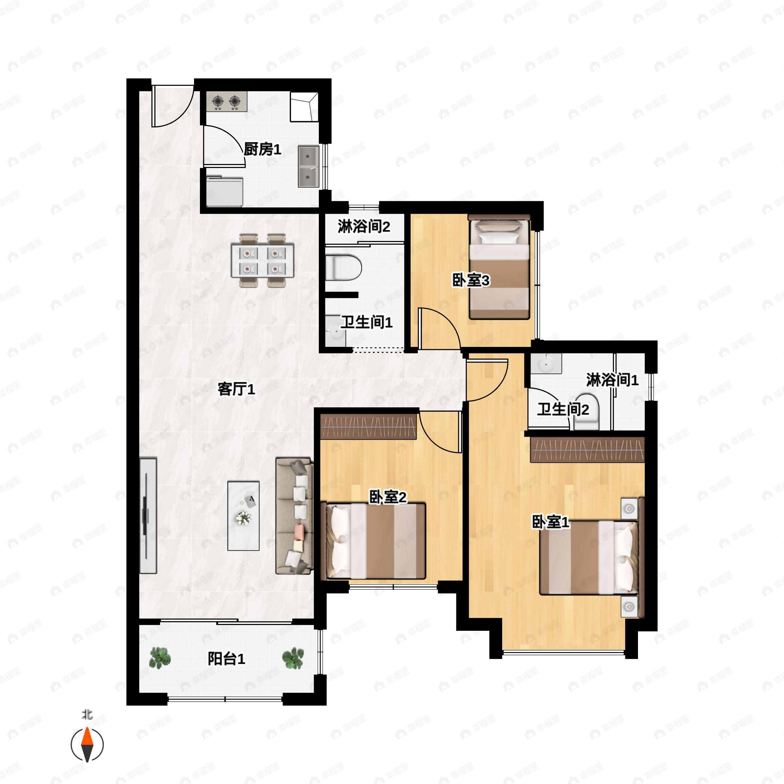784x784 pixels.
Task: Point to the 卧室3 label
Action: [x=471, y=280]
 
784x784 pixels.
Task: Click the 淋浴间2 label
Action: [x=364, y=226]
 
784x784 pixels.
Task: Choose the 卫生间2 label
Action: [x=563, y=409]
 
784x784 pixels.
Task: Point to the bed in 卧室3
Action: [x=499, y=267]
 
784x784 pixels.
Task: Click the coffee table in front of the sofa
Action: [x=243, y=516]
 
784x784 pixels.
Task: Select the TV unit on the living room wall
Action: [x=148, y=515]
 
